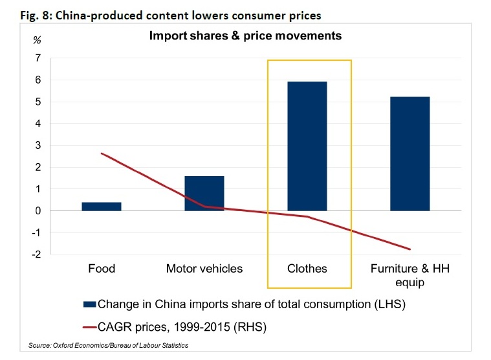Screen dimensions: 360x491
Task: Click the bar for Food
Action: (x=102, y=207)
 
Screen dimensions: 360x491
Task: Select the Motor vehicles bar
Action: (x=204, y=193)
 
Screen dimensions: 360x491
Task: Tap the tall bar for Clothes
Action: (x=307, y=146)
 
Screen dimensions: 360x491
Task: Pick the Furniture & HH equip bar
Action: (x=410, y=153)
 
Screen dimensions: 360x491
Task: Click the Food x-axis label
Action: (x=102, y=268)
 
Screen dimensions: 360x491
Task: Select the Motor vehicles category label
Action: (x=204, y=268)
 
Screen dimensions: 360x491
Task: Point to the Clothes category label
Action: (x=307, y=268)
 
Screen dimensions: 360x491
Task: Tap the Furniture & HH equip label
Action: (x=411, y=275)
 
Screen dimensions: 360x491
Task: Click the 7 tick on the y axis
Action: (x=38, y=58)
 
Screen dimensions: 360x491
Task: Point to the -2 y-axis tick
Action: (x=36, y=254)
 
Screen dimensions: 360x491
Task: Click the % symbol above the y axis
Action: (x=38, y=40)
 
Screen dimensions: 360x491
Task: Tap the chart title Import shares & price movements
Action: (x=245, y=36)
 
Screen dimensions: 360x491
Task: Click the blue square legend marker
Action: (x=89, y=303)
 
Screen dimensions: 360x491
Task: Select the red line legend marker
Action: (x=89, y=327)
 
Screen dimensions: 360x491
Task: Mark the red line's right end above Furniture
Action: (x=410, y=249)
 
